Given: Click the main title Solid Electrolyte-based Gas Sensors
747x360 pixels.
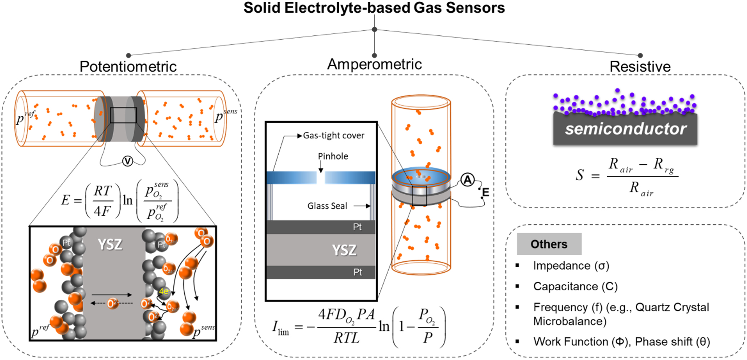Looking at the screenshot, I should coord(374,8).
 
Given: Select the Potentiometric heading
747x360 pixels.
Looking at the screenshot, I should coord(128,66).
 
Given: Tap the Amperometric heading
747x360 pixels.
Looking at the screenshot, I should coord(374,64).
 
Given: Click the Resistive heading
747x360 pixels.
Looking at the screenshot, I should coord(639,66).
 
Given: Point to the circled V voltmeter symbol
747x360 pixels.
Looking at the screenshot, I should coord(127,161).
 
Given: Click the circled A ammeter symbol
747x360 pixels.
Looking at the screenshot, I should coord(467,179).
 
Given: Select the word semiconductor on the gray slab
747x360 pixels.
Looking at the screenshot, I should coord(625,129).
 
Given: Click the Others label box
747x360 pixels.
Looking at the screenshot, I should coord(549,244).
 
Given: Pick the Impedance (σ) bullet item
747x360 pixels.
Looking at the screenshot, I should coord(571,266).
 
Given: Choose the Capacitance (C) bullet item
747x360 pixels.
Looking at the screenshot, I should coord(575,286).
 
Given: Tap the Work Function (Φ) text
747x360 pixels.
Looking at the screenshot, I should coord(581,342).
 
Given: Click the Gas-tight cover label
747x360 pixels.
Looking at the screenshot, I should coord(333,135).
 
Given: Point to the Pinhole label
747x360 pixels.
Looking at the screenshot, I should coord(333,156).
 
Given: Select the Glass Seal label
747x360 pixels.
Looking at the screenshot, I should coord(327,206).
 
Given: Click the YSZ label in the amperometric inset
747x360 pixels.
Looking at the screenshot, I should coord(344,250).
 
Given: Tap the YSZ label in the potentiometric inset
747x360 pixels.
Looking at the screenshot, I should coord(110,244).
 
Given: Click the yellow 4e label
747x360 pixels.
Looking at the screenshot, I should coord(163,291).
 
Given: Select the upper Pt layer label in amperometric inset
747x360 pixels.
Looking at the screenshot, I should coord(357,227).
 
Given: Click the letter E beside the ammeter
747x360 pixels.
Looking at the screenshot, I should coord(486,192).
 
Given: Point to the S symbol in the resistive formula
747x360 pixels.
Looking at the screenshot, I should coord(580,175).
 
